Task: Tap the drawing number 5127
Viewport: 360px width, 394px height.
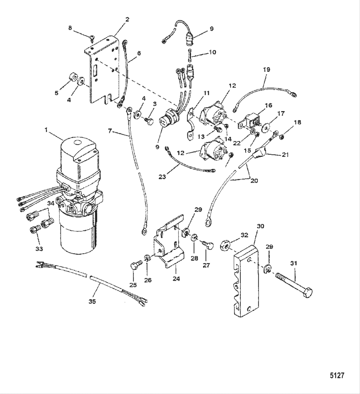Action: click(337, 375)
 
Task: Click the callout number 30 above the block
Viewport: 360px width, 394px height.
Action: click(260, 226)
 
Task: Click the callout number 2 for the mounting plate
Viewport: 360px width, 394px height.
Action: click(127, 20)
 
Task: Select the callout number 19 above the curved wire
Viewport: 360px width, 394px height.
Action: click(266, 69)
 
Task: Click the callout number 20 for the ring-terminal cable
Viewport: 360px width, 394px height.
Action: click(254, 181)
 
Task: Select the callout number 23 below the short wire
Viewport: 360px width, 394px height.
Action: click(162, 177)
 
